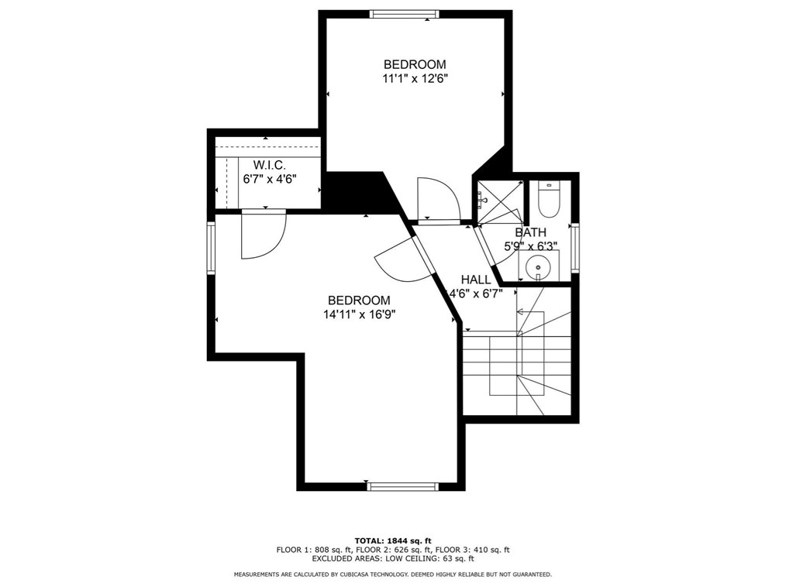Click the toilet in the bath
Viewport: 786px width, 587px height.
[549, 200]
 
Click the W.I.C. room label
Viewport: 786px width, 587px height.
[270, 165]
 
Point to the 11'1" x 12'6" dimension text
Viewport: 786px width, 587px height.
[415, 78]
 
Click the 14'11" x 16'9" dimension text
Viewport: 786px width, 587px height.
[358, 314]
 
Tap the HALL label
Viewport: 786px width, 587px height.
[476, 280]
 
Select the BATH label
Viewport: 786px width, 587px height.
[530, 232]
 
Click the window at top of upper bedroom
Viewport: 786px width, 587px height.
[404, 14]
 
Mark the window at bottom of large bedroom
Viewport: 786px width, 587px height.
[402, 486]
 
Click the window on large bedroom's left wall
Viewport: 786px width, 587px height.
[210, 247]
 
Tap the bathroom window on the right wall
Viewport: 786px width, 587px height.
[574, 247]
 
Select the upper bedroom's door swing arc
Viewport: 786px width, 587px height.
[438, 199]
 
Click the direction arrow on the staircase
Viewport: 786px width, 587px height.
[519, 312]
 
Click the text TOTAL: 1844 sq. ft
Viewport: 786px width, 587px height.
[393, 541]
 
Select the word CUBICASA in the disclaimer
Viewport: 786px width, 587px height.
[362, 575]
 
